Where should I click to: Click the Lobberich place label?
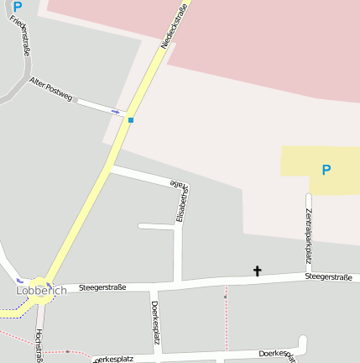(41, 291)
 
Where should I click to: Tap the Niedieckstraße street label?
(175, 28)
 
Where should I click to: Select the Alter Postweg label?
(51, 86)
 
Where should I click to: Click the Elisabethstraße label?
(178, 200)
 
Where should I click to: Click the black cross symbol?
(258, 271)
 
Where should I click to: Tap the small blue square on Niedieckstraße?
(131, 119)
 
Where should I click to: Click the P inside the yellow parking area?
(326, 170)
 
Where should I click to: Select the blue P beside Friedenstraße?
(18, 7)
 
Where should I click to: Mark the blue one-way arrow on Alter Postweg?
(115, 111)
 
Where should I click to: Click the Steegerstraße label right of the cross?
(328, 276)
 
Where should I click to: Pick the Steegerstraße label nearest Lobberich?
(102, 287)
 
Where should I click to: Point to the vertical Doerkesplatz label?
(155, 322)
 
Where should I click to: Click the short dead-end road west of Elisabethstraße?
(156, 226)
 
